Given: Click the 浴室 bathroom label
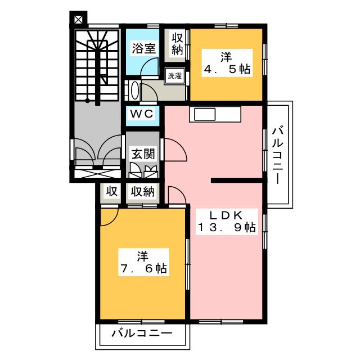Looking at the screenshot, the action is click(144, 49).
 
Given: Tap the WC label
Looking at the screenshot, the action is click(142, 114).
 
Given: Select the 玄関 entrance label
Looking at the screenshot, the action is click(143, 154).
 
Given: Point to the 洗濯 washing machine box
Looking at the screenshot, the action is click(175, 76).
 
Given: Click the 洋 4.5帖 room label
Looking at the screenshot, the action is click(226, 63).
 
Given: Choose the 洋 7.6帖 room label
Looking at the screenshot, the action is click(143, 262).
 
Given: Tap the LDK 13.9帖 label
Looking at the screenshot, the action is click(226, 222).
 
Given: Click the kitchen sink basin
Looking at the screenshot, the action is click(205, 114).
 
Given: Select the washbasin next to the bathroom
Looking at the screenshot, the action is click(134, 90).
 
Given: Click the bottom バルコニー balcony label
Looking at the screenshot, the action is click(142, 334).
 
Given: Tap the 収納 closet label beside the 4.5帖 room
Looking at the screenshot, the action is click(177, 44).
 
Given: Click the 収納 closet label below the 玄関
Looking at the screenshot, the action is click(143, 191).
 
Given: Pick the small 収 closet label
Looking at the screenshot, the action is click(111, 191).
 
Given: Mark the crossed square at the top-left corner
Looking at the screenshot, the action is click(78, 20).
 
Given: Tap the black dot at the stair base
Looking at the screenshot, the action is click(87, 100).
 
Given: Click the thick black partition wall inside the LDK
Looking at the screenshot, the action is click(237, 181).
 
